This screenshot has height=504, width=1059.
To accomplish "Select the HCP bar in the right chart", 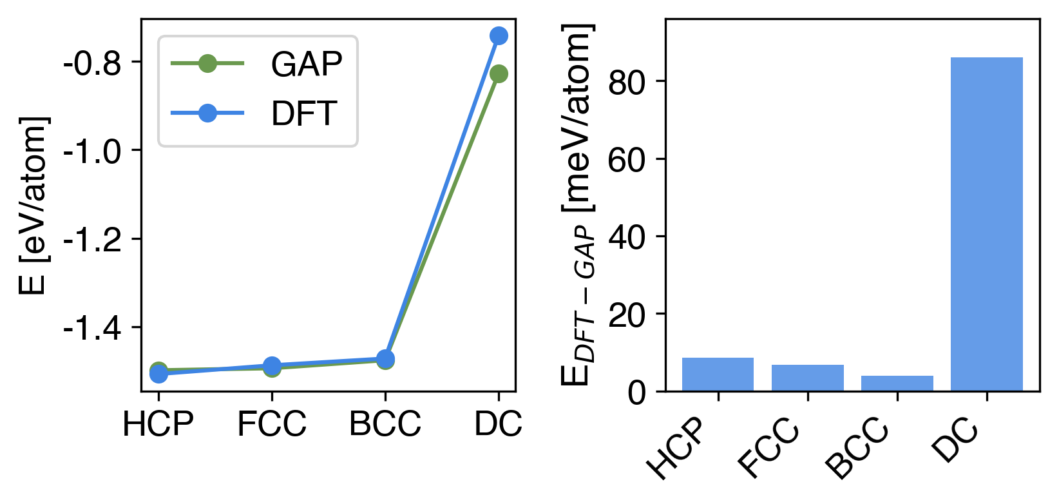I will (x=718, y=374).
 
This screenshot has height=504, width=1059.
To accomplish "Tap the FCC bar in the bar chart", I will (x=807, y=378).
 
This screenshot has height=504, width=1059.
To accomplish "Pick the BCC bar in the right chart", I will (x=897, y=383).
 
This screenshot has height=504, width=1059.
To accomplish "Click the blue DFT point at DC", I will (x=498, y=35).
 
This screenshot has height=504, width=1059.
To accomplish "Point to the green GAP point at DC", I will (x=498, y=74).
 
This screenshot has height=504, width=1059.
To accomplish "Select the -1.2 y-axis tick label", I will (x=92, y=240).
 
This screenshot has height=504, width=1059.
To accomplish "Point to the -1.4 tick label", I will (x=92, y=329).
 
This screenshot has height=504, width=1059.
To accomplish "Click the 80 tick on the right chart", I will (x=627, y=82).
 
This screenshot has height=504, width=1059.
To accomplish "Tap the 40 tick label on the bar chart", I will (x=627, y=238).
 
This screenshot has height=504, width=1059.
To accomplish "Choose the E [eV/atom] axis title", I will (x=33, y=206).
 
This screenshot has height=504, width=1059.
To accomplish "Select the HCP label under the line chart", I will (x=158, y=423).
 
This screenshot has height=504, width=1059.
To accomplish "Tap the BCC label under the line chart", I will (x=385, y=423).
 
